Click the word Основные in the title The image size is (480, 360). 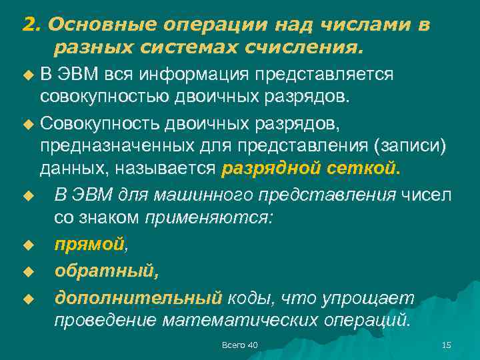click(91, 25)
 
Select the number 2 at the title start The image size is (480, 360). click(28, 25)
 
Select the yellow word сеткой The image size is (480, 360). click(366, 169)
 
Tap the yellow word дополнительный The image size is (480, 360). click(137, 297)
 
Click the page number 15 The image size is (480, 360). click(447, 344)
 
